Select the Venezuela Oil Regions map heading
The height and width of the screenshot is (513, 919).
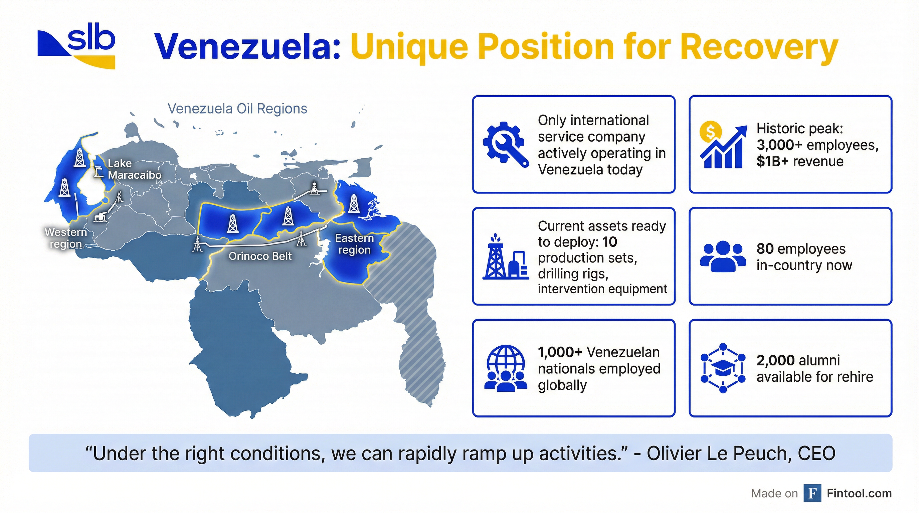(237, 109)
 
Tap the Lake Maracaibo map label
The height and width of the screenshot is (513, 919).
(134, 169)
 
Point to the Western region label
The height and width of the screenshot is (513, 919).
(66, 238)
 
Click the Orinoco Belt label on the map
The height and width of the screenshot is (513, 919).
(260, 256)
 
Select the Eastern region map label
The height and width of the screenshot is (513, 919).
(354, 244)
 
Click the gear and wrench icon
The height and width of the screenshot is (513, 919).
(505, 144)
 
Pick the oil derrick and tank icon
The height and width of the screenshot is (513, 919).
(505, 256)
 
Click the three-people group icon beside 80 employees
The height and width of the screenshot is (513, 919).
(722, 256)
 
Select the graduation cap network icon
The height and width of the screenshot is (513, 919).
(723, 368)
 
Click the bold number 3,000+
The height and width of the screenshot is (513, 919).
(779, 145)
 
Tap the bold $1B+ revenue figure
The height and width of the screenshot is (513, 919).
(772, 162)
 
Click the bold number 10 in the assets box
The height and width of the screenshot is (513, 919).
(610, 242)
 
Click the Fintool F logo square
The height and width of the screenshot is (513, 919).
(812, 493)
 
